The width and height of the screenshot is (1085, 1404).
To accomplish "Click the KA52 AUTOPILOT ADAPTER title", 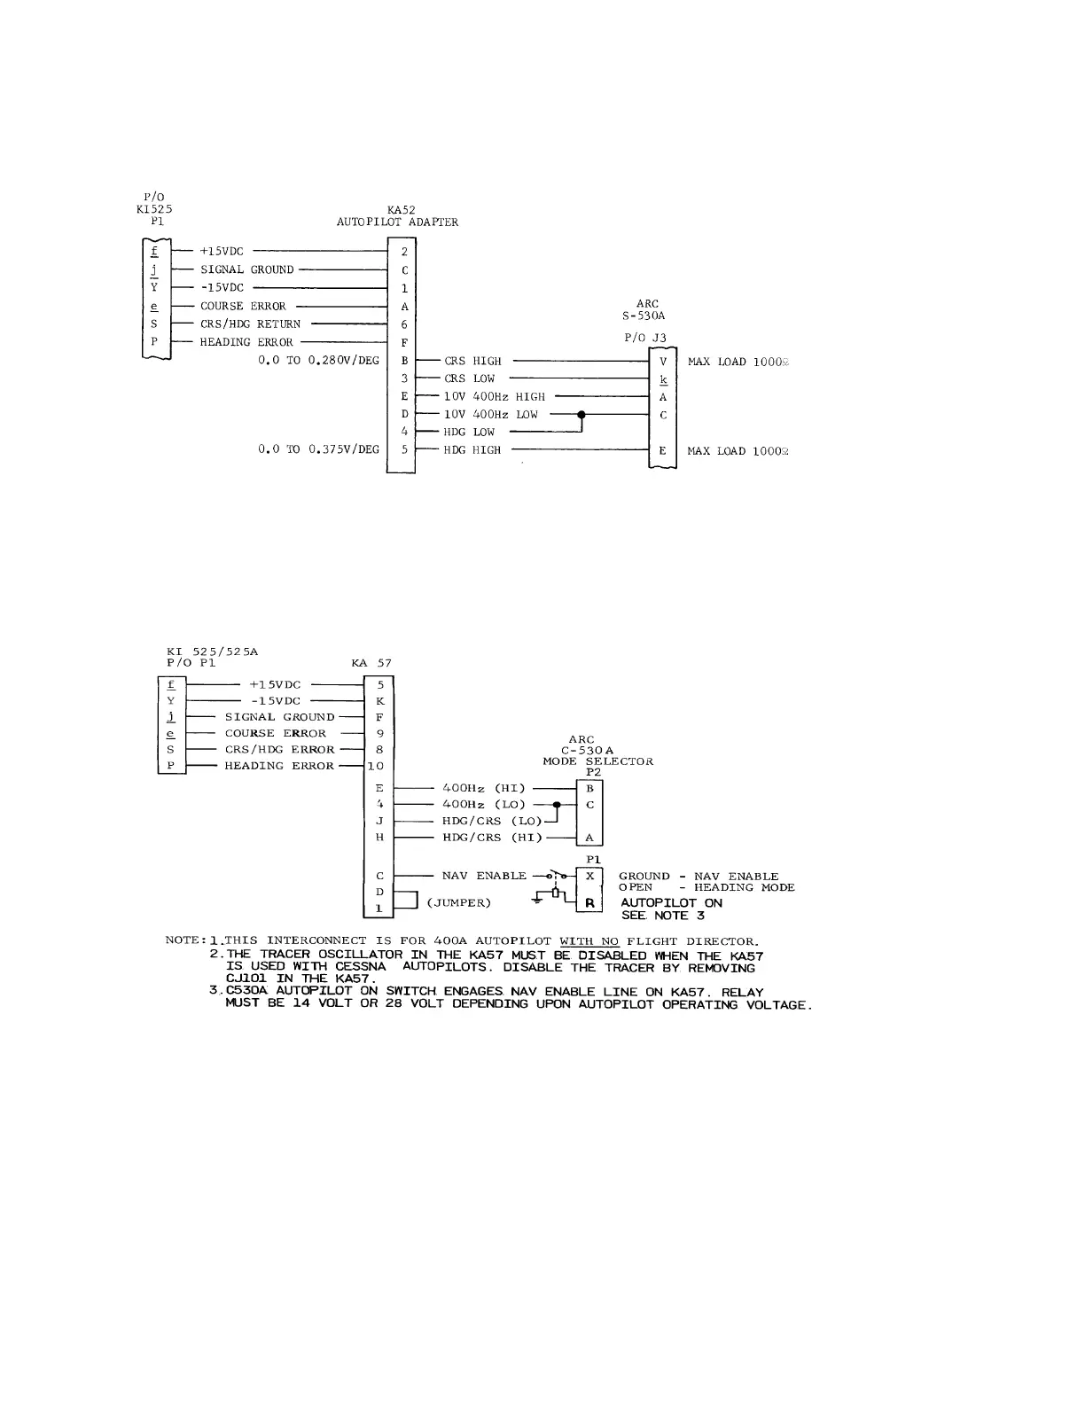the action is tap(397, 216).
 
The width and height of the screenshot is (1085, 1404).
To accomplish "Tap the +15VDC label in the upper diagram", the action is tap(222, 252).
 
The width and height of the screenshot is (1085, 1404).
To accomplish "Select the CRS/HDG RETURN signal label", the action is tap(250, 324).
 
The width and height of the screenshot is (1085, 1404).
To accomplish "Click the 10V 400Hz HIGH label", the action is tap(495, 397).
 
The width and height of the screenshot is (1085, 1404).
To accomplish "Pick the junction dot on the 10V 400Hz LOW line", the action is tap(581, 414).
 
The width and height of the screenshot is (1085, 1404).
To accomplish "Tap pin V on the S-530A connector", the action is tap(663, 362).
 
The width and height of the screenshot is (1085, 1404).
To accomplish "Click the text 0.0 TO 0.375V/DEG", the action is tap(318, 449).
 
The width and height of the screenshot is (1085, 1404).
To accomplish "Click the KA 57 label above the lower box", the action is tap(371, 663).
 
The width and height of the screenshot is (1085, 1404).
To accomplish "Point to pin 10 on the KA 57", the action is tap(377, 766).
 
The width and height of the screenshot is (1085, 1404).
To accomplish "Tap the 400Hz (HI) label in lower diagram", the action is tap(483, 788).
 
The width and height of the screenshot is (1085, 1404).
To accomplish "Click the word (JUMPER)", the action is tap(458, 903).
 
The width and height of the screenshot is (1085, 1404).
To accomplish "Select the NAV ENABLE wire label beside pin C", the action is tap(484, 876).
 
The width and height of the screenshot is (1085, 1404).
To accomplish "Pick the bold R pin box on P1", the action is tap(589, 903).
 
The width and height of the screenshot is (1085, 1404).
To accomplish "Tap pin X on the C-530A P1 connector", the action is tap(589, 876).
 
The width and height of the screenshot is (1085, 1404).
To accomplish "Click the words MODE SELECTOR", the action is tap(597, 761).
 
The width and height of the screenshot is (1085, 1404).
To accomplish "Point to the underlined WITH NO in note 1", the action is tap(589, 940).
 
